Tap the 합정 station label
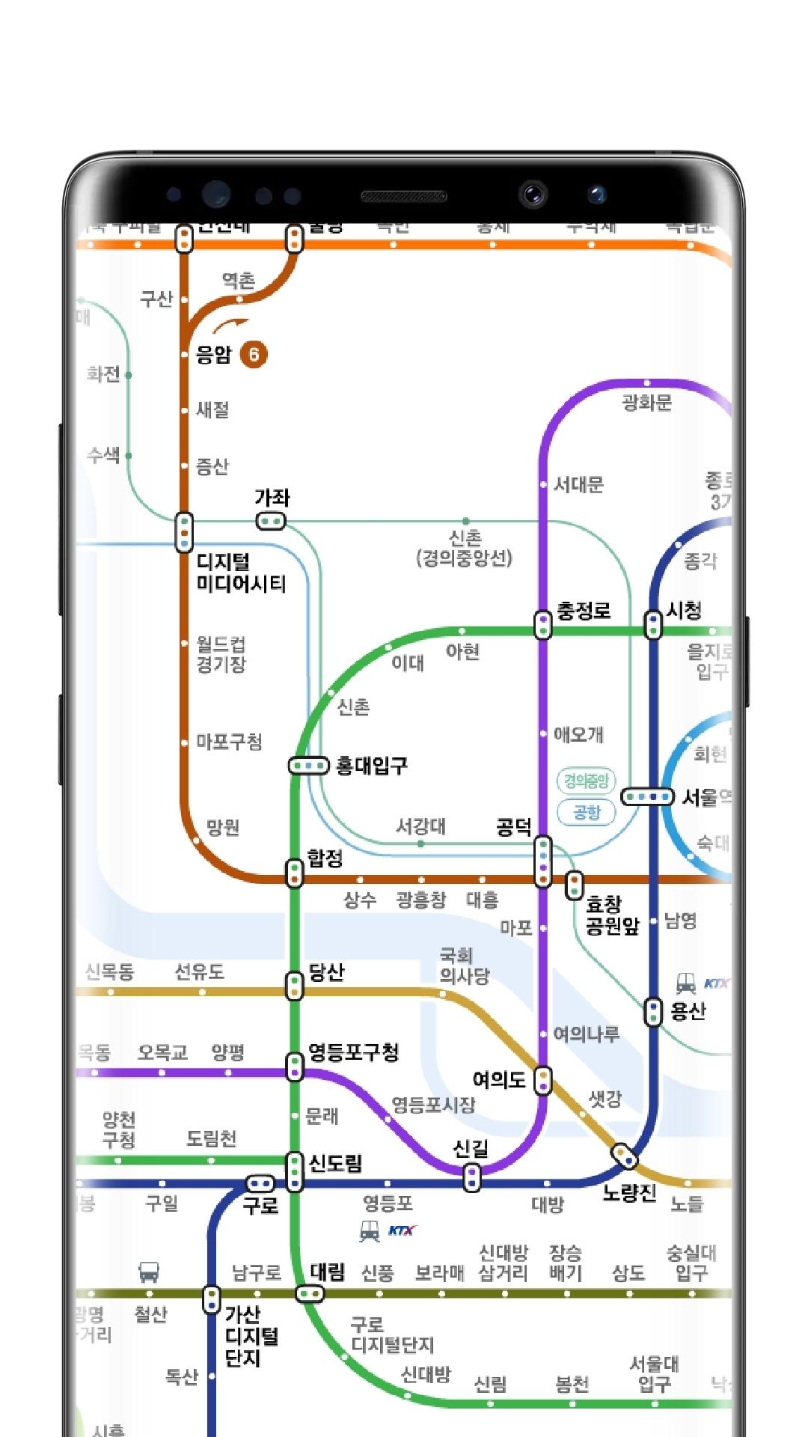click(x=325, y=858)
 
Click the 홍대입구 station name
click(x=372, y=766)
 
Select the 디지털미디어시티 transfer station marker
click(x=184, y=532)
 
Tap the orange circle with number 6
click(x=254, y=354)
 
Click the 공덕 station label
click(x=514, y=826)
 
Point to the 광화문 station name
click(x=646, y=403)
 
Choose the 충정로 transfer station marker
click(x=543, y=624)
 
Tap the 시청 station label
click(x=684, y=611)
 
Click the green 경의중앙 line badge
click(x=587, y=781)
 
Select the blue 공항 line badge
click(x=587, y=812)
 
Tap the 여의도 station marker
click(x=543, y=1080)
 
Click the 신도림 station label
click(x=335, y=1163)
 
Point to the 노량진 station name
click(x=629, y=1193)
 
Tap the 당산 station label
click(x=326, y=972)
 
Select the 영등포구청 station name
click(x=354, y=1052)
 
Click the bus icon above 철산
click(x=149, y=1271)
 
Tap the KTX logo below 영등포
click(x=402, y=1230)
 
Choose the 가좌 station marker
click(x=271, y=521)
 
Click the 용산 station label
click(x=688, y=1011)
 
